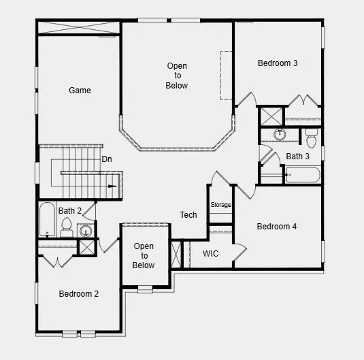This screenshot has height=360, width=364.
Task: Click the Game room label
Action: (x=80, y=90)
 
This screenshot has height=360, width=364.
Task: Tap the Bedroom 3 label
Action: (x=278, y=63)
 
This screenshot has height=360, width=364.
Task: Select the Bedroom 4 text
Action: (x=276, y=227)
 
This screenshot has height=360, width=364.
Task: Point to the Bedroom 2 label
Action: (x=79, y=294)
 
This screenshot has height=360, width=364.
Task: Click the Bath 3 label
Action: (x=297, y=157)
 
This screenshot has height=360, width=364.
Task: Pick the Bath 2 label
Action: (x=70, y=211)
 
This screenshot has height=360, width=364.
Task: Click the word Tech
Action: (x=188, y=215)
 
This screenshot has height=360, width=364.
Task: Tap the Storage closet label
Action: (x=220, y=205)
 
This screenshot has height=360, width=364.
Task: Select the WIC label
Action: (x=211, y=254)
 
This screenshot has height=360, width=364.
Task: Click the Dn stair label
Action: (x=107, y=159)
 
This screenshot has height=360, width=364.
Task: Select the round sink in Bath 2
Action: (x=86, y=231)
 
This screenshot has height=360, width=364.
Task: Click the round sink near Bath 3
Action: (x=280, y=134)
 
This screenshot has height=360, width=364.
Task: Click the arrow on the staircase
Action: (x=114, y=185)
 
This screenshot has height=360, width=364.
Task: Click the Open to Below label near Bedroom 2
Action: (x=144, y=256)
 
